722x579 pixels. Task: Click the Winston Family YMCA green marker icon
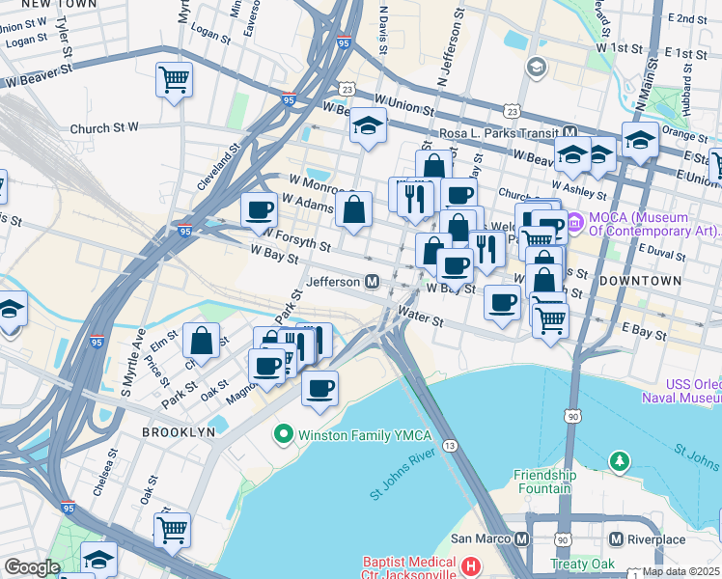click(x=283, y=433)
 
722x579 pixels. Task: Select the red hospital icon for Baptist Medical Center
click(x=470, y=566)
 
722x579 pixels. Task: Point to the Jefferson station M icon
click(x=371, y=282)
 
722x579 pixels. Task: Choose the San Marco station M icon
click(x=522, y=538)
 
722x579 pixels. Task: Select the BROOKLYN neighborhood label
click(x=179, y=432)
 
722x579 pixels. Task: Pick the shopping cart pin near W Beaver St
click(x=174, y=80)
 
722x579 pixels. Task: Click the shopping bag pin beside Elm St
click(x=201, y=341)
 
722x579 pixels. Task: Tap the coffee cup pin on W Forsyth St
click(x=259, y=209)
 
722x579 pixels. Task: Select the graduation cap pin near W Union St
click(x=367, y=126)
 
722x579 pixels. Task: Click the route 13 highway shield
click(x=451, y=444)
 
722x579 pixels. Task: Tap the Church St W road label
click(x=104, y=127)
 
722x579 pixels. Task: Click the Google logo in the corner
click(x=32, y=567)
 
